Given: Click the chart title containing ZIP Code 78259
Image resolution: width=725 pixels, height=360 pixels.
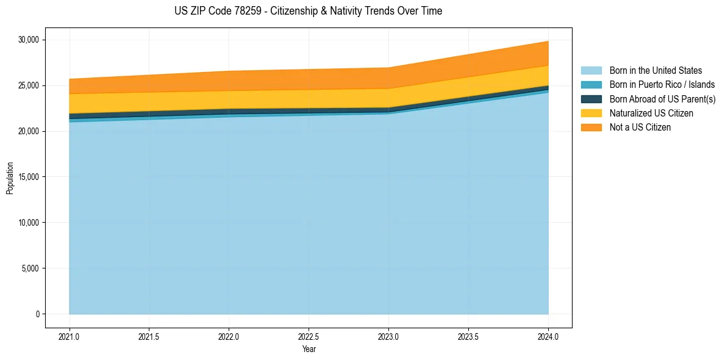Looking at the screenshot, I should (x=308, y=11).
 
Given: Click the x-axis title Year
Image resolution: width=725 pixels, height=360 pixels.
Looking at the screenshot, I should (x=309, y=350).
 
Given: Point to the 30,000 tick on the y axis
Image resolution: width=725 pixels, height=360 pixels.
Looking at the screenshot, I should (x=29, y=40).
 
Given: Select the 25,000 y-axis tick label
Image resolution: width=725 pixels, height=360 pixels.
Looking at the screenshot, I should (x=29, y=86).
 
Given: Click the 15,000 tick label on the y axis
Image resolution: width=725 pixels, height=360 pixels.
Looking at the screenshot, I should (x=29, y=177).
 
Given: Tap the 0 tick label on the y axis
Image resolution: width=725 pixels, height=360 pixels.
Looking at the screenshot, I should (x=37, y=314).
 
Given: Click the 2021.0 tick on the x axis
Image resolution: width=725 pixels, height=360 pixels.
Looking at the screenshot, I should (x=70, y=336).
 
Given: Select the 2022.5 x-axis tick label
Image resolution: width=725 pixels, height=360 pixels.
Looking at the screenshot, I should (x=309, y=336).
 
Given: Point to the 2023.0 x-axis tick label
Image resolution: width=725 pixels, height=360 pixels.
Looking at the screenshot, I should (x=389, y=336).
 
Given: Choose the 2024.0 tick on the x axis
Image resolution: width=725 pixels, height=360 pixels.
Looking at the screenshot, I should (x=548, y=336).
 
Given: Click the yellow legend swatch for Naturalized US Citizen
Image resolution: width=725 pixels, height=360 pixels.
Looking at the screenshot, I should (x=591, y=113).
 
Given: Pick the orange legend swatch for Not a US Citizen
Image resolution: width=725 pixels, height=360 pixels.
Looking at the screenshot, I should (x=591, y=128).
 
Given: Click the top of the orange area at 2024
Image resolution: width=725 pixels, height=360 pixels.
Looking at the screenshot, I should (x=548, y=41).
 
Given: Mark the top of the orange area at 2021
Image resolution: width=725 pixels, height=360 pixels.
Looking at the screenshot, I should (x=70, y=79).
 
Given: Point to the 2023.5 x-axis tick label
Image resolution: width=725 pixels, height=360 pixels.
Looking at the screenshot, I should (x=468, y=336).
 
